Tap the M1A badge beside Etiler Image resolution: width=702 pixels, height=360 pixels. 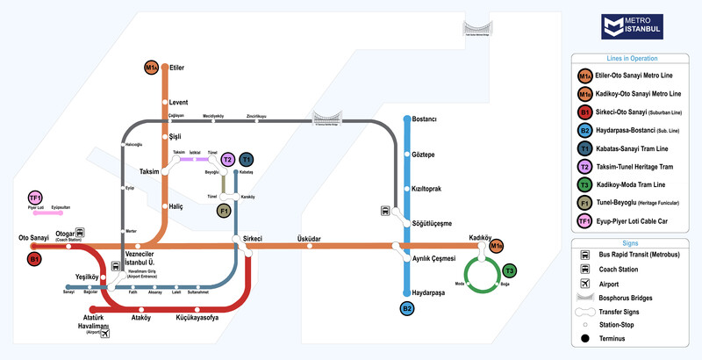click(152, 68)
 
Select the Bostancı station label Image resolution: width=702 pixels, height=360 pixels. click(425, 119)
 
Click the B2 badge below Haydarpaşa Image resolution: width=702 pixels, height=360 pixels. click(407, 308)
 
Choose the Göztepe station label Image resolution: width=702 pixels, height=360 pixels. click(423, 155)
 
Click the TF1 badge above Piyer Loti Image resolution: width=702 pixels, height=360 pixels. click(35, 198)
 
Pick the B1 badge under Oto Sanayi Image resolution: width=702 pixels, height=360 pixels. click(35, 260)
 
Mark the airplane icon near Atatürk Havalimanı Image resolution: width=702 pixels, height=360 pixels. click(106, 333)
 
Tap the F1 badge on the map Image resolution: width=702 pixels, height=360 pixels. click(224, 211)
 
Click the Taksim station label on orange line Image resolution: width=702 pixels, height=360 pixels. click(148, 172)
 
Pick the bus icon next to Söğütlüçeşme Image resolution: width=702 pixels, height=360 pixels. click(385, 211)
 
